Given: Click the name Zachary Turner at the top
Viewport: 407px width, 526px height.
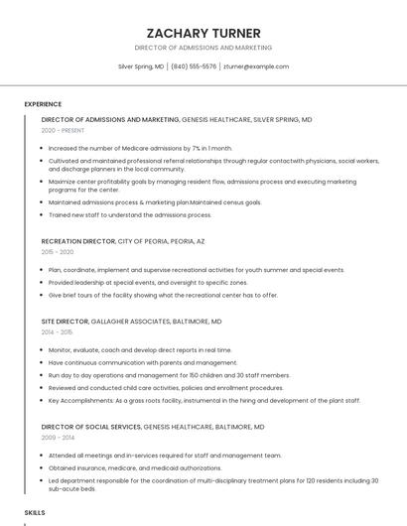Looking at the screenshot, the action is click(x=203, y=32).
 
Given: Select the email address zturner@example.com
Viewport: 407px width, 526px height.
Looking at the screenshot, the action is click(x=256, y=66).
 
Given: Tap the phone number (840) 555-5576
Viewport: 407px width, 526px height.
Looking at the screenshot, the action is click(x=194, y=66).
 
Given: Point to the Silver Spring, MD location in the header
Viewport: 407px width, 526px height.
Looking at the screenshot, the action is click(x=141, y=66).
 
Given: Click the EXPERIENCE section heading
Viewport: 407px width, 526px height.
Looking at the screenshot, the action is click(x=43, y=104).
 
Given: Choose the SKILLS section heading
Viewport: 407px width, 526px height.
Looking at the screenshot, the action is click(x=35, y=512).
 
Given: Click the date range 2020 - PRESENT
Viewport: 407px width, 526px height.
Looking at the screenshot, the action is click(x=64, y=130).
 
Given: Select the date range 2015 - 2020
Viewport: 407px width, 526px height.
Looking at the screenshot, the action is click(x=58, y=252).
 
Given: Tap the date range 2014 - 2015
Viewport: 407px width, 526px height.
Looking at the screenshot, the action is click(x=58, y=332).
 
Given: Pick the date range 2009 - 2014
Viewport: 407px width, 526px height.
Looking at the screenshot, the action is click(x=58, y=438).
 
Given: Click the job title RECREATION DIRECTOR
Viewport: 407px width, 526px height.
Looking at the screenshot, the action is click(x=78, y=241).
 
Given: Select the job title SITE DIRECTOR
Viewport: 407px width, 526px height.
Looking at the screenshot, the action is click(x=65, y=322).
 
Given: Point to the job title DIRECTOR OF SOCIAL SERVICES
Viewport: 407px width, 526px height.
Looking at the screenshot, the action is click(x=91, y=427).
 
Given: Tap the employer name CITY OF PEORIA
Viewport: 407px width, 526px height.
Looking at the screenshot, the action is click(x=141, y=241).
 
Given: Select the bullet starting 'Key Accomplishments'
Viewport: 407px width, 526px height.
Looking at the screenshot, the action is click(x=203, y=401).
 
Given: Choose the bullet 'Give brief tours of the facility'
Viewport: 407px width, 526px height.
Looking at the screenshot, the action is click(x=163, y=295).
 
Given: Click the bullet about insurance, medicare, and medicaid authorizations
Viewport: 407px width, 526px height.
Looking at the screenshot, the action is click(x=135, y=467).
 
